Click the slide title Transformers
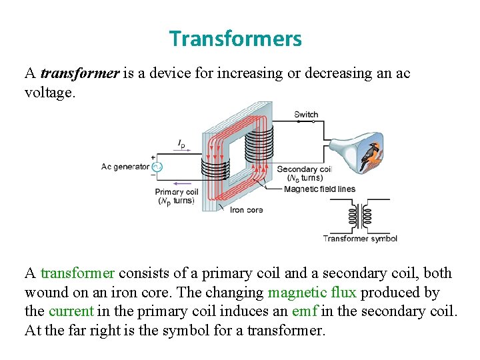(235, 39)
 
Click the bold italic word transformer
(79, 73)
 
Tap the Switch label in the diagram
(306, 114)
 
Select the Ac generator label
(125, 167)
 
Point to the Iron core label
(246, 210)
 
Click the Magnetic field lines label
(319, 189)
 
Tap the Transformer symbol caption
(360, 239)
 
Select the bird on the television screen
(371, 158)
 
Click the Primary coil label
(177, 192)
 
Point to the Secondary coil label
(304, 169)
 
